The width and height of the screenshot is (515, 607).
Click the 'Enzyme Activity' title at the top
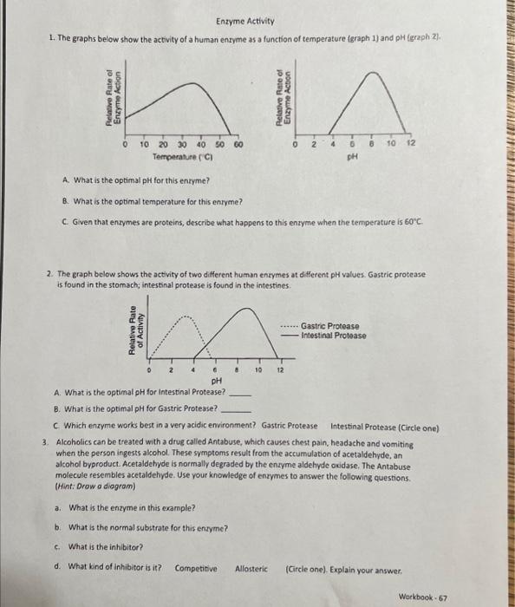pyautogui.click(x=245, y=21)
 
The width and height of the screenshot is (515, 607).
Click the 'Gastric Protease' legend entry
pyautogui.click(x=332, y=327)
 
